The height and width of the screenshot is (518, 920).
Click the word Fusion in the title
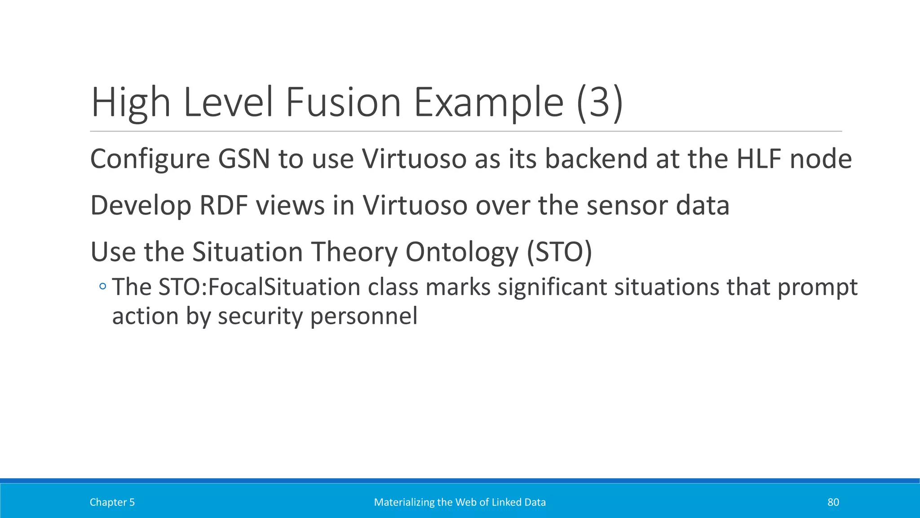click(x=343, y=103)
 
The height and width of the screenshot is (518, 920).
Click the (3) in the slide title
click(x=600, y=103)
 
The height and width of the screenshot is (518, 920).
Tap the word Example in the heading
click(x=488, y=103)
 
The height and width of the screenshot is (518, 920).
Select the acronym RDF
click(x=223, y=205)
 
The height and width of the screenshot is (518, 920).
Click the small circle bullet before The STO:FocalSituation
click(x=103, y=286)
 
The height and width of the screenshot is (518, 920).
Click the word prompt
click(x=817, y=288)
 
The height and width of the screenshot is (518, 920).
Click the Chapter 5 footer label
click(x=112, y=502)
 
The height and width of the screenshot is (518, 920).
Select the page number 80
click(x=833, y=502)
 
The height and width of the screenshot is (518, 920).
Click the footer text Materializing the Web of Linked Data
click(x=460, y=502)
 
